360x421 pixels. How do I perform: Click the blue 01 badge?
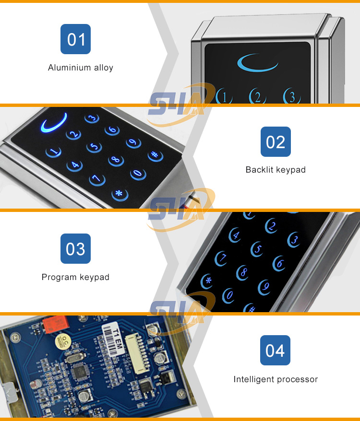click(x=75, y=39)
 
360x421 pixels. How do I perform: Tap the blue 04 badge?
click(x=275, y=350)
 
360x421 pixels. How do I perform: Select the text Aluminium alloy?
click(x=81, y=68)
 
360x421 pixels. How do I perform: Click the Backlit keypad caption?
click(x=276, y=170)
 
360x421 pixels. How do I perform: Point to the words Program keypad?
click(x=75, y=277)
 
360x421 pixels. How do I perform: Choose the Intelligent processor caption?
click(x=276, y=379)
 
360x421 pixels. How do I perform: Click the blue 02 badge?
click(x=276, y=141)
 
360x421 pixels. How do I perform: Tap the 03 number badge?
click(x=75, y=249)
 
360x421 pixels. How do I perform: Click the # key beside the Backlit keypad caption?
click(x=155, y=156)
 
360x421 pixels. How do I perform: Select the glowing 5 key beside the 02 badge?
click(x=94, y=147)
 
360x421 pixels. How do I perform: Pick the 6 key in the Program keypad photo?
click(x=279, y=262)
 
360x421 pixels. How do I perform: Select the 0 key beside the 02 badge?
click(x=138, y=174)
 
